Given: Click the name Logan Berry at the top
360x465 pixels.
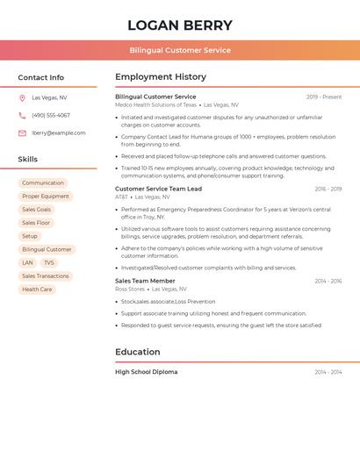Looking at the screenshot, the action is coord(180,25).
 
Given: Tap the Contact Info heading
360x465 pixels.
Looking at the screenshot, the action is coord(40,77).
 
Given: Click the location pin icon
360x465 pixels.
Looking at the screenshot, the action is coord(22,98).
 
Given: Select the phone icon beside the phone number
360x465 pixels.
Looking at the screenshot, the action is coord(22,116).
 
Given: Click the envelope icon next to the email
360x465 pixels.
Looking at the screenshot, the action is coord(22,133).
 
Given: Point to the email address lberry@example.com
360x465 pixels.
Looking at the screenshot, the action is coord(59,133).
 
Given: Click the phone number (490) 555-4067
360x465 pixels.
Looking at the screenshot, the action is coord(51,116).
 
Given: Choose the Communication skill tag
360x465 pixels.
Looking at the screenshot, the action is coord(43,183).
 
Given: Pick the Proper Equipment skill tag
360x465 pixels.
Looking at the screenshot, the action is coord(46,197).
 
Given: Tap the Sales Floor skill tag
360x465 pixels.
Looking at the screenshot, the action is coord(37,223).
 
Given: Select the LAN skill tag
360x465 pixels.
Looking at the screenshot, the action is coord(27,262).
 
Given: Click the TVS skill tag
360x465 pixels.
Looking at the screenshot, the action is coord(49,262).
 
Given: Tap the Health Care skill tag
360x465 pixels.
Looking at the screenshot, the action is coord(37,289).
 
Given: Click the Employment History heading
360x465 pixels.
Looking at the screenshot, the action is coord(161,77).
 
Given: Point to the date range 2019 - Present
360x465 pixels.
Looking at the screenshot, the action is coord(324,97).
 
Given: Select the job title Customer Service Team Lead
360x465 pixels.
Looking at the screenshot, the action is coord(158,189).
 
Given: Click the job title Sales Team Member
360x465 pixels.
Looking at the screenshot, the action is coord(145,281).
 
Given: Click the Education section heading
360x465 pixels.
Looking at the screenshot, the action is coord(138,352).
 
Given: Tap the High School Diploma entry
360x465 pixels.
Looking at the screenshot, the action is coord(146,372).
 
